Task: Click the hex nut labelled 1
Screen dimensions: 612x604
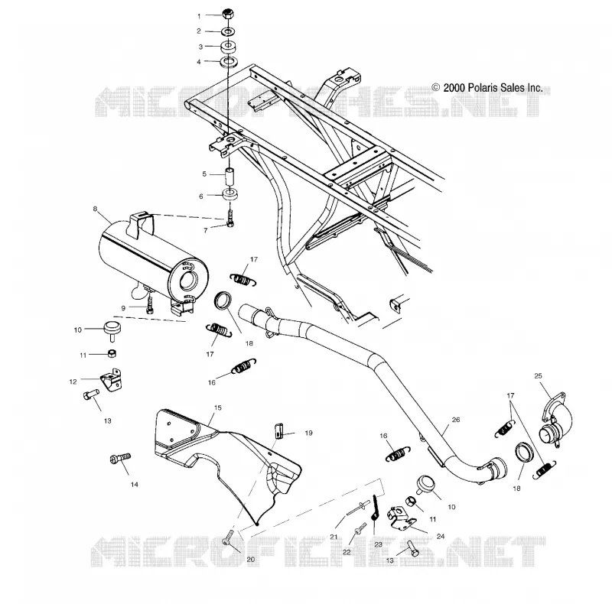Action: pos(227,14)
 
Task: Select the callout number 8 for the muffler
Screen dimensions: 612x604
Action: pos(95,209)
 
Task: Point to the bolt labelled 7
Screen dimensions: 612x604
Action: pos(230,219)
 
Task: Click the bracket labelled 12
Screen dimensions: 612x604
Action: pos(111,379)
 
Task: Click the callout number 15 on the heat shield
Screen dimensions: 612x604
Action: pos(218,408)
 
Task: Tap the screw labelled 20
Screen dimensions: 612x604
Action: pos(228,537)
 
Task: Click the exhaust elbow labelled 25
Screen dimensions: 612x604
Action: pos(557,425)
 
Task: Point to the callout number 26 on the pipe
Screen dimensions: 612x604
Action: pos(455,420)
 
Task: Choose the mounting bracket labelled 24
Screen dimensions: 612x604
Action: pos(400,518)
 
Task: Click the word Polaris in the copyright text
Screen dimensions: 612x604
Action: pos(483,88)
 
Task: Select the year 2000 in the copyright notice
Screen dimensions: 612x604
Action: pos(454,88)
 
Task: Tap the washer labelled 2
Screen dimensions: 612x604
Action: pos(228,31)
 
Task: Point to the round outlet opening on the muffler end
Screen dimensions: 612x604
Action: pos(188,279)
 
